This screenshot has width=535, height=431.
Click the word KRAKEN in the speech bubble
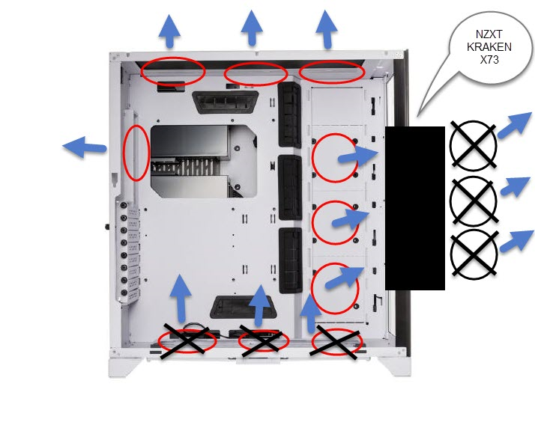(x=489, y=46)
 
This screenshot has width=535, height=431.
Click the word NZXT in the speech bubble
(x=489, y=34)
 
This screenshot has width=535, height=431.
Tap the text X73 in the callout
(x=489, y=60)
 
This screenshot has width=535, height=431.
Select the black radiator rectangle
(x=415, y=208)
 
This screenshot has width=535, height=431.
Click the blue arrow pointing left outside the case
(x=84, y=147)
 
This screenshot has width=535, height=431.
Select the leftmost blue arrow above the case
(x=169, y=31)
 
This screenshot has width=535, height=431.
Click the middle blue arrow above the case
(x=252, y=28)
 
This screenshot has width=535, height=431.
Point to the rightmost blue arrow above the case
(x=327, y=29)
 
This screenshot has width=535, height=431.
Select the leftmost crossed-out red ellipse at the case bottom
(x=187, y=340)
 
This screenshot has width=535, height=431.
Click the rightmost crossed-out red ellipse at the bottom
(x=336, y=342)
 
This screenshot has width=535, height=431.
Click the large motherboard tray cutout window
(x=204, y=162)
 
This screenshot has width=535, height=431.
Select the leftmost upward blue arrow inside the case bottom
(x=181, y=298)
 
